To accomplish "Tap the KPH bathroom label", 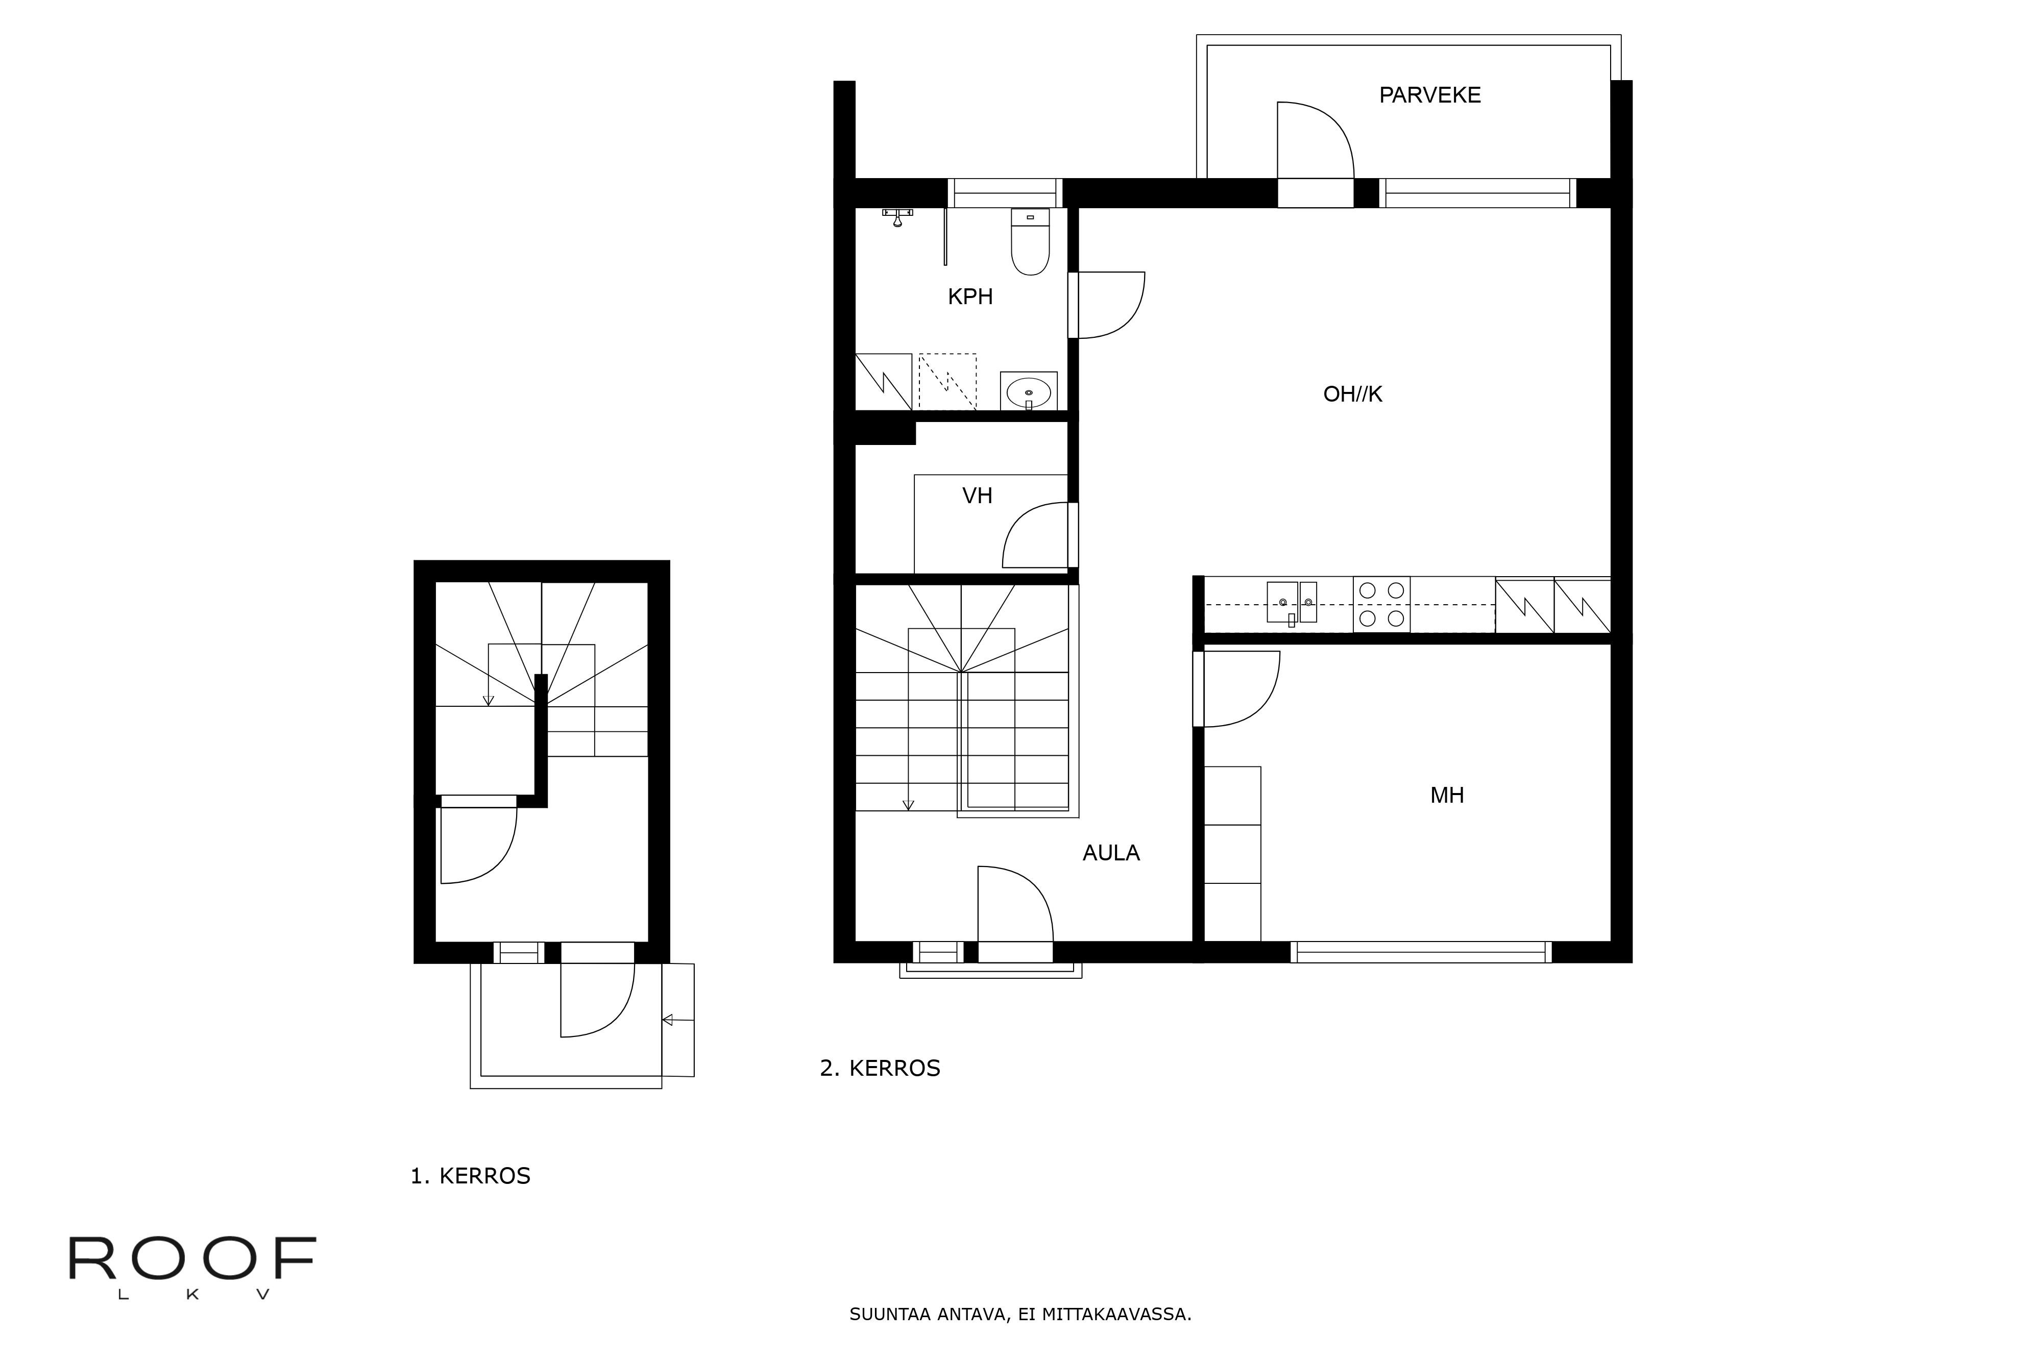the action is coord(970,297).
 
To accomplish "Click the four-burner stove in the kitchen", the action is coord(1381,604).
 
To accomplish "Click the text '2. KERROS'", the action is coord(880,1069).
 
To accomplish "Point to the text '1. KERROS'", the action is coord(470,1176).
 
